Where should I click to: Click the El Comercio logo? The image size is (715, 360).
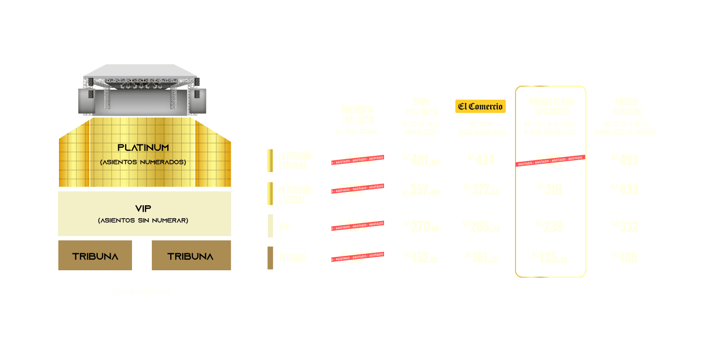[480, 106]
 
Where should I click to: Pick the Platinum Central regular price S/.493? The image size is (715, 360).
[625, 160]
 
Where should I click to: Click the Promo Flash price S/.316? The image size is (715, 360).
[550, 189]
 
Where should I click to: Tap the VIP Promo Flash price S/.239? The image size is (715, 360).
[550, 226]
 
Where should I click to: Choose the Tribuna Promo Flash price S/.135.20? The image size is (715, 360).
[550, 257]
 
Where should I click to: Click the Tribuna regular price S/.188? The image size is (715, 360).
[625, 257]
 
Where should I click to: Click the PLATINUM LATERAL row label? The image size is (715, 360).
[295, 195]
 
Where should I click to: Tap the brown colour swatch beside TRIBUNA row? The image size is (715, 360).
[270, 258]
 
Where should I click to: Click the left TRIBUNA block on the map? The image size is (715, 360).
[95, 256]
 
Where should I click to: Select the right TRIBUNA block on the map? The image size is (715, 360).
[191, 256]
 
